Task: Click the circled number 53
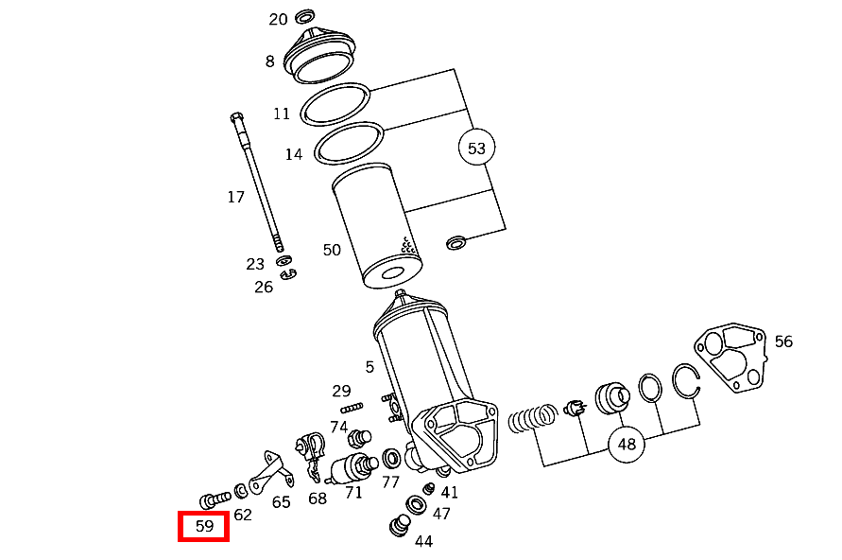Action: tap(476, 149)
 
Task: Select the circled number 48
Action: tap(627, 443)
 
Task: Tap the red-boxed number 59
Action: tap(204, 527)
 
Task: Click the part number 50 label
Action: tap(332, 251)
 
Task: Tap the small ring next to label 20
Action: tap(305, 17)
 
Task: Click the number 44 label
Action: tap(423, 542)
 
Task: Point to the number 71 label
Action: tap(353, 493)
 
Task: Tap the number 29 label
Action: tap(341, 391)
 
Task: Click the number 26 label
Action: tap(263, 287)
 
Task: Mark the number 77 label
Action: tap(390, 481)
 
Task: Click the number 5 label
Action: tap(369, 367)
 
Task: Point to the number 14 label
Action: tap(294, 153)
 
